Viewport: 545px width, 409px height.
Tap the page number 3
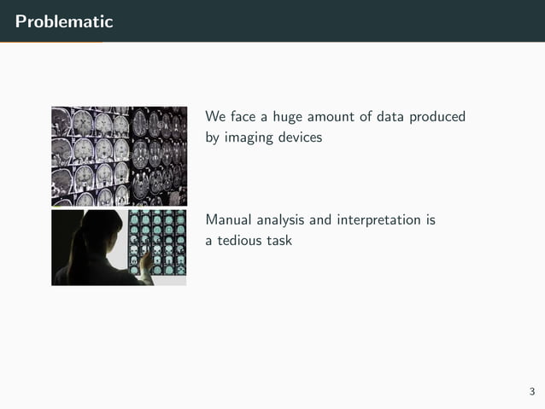coord(531,392)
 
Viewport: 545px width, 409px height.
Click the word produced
coord(439,117)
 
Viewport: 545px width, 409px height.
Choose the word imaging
coord(250,137)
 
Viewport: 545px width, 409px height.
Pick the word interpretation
coord(371,220)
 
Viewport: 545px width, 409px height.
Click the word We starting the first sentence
coord(215,117)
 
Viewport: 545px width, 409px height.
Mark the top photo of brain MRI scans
coord(119,155)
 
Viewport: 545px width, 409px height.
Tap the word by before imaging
coord(213,137)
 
